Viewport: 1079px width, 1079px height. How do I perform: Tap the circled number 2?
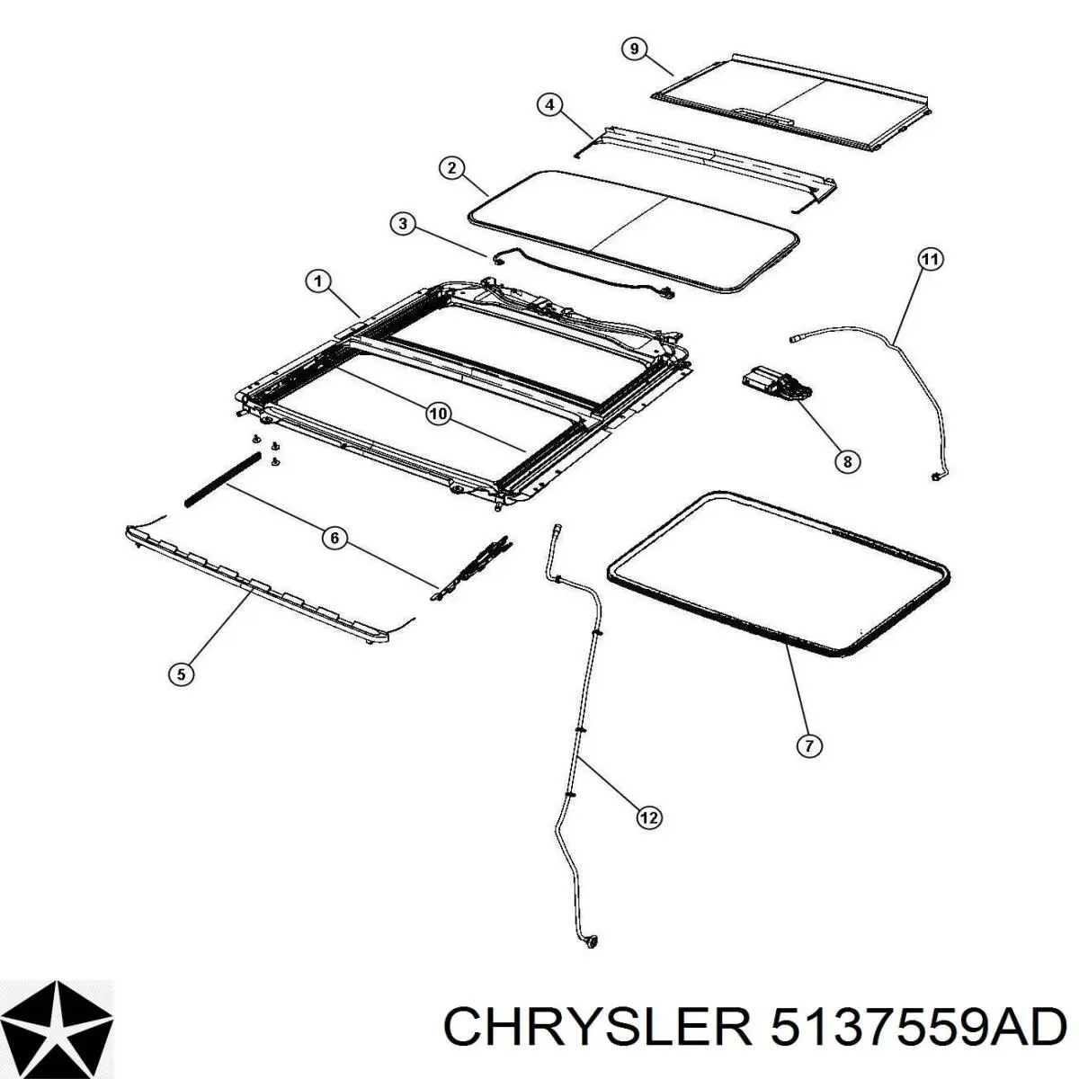[451, 167]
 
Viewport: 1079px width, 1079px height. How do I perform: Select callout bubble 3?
[402, 224]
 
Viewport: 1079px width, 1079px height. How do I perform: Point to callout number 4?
[550, 104]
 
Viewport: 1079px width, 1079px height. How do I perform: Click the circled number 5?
[181, 674]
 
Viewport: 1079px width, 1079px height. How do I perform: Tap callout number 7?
[808, 745]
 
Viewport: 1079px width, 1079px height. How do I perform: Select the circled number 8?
[846, 461]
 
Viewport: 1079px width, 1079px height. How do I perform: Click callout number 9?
[634, 49]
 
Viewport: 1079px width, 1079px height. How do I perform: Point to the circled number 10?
[437, 414]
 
